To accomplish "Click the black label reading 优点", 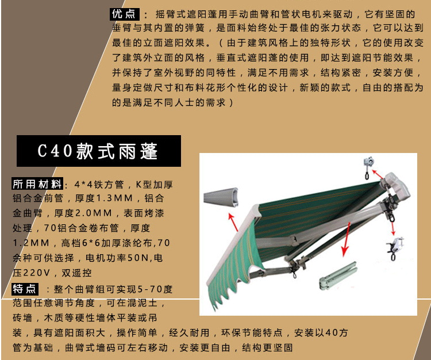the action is pyautogui.click(x=125, y=14).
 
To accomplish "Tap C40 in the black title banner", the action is pyautogui.click(x=55, y=151).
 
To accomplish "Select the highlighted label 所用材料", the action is pyautogui.click(x=37, y=183).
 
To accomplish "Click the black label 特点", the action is pyautogui.click(x=25, y=289).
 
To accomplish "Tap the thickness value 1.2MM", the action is pyautogui.click(x=31, y=243).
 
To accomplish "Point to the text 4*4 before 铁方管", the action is pyautogui.click(x=83, y=184).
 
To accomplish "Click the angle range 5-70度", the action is pyautogui.click(x=155, y=289).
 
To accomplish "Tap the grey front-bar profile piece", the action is pyautogui.click(x=221, y=197).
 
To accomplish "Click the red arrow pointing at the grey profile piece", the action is pyautogui.click(x=233, y=222).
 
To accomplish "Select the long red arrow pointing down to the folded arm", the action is pyautogui.click(x=346, y=239).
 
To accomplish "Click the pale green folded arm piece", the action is pyautogui.click(x=338, y=275).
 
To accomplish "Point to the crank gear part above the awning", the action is pyautogui.click(x=368, y=167).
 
